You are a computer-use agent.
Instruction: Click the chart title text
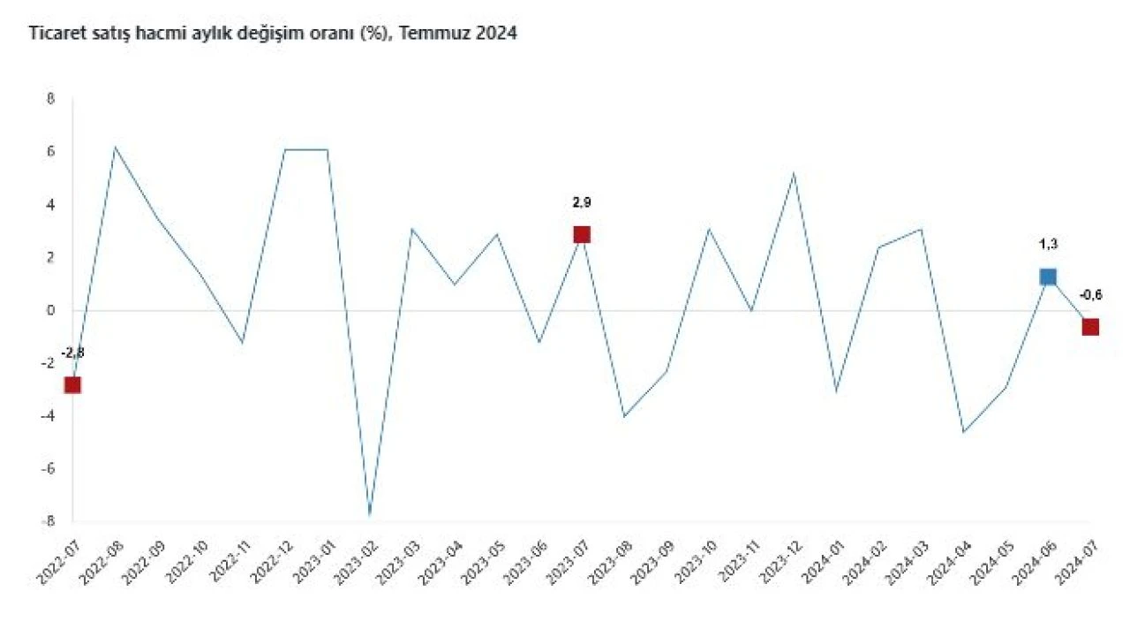click(273, 34)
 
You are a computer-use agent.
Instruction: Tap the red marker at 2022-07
click(72, 384)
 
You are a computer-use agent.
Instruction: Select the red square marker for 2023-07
click(581, 234)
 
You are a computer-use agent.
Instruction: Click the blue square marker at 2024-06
click(1048, 277)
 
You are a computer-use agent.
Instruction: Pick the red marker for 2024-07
click(1090, 327)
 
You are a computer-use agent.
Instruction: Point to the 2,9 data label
click(581, 202)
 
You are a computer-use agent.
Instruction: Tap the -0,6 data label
click(1090, 296)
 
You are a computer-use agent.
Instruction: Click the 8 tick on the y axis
click(50, 99)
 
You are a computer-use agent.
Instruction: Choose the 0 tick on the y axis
click(50, 310)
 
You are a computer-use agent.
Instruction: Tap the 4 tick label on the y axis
click(50, 205)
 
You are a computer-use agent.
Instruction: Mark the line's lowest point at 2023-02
click(370, 514)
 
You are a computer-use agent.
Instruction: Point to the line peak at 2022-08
click(115, 147)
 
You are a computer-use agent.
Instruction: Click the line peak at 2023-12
click(794, 173)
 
